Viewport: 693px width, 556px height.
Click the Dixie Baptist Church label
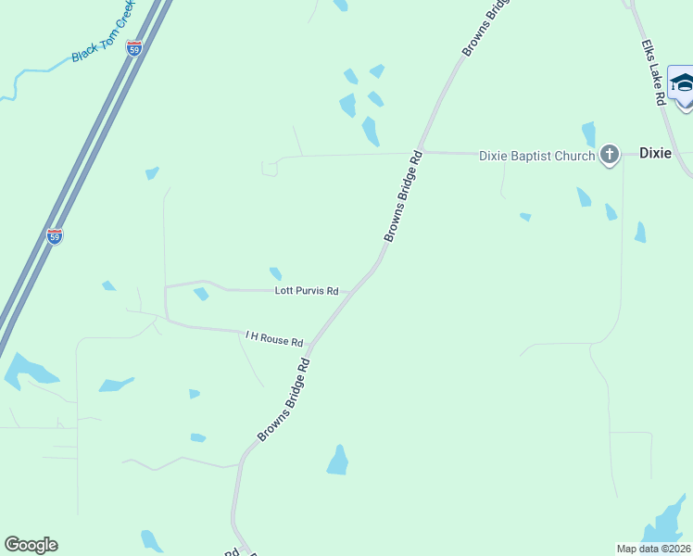pyautogui.click(x=536, y=156)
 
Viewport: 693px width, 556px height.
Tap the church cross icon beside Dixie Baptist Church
pyautogui.click(x=609, y=155)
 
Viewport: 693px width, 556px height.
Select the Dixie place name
pyautogui.click(x=655, y=154)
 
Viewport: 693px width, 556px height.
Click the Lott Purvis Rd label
pyautogui.click(x=307, y=291)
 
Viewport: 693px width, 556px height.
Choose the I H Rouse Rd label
pyautogui.click(x=274, y=338)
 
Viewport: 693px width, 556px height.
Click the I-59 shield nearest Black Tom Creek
pyautogui.click(x=134, y=48)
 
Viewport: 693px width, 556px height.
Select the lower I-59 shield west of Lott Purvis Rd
pyautogui.click(x=55, y=236)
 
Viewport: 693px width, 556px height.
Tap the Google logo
pyautogui.click(x=31, y=545)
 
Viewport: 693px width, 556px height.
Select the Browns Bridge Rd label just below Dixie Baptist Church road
pyautogui.click(x=403, y=196)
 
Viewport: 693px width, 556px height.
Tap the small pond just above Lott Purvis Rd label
pyautogui.click(x=275, y=273)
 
